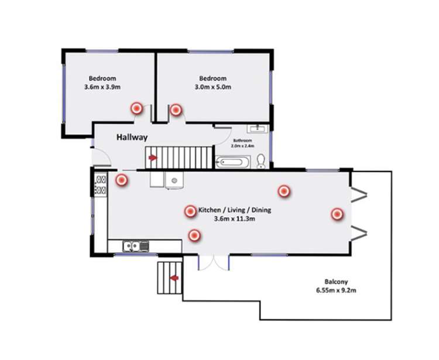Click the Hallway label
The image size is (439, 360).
(x=132, y=138)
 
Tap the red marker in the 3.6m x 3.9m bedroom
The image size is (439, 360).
(x=136, y=108)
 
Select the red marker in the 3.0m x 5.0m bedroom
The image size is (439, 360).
(x=176, y=109)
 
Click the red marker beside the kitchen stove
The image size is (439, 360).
(x=122, y=180)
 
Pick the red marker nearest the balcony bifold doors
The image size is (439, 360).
(x=337, y=214)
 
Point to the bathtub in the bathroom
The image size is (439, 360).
(x=234, y=162)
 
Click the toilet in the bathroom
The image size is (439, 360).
(x=261, y=160)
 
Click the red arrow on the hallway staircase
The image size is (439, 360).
(x=153, y=157)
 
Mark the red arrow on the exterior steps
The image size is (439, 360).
(x=173, y=279)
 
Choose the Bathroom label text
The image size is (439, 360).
(x=242, y=140)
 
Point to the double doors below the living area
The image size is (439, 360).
(x=213, y=262)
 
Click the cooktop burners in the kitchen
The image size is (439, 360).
(x=100, y=185)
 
